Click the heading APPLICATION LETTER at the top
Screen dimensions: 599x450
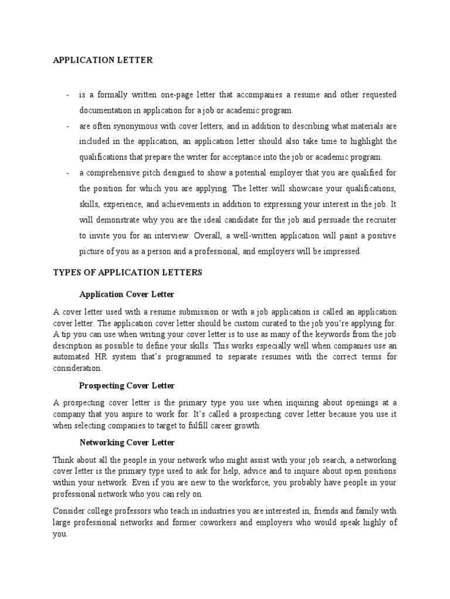pos(103,60)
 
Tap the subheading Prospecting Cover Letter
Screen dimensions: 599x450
pos(127,386)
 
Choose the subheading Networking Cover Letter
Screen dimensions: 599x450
pos(127,443)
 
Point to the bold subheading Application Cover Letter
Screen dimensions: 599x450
pos(127,294)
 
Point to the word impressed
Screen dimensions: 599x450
pos(341,252)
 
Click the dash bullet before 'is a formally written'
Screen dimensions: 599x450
pos(69,95)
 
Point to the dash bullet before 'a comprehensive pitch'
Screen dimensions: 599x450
pos(69,173)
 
